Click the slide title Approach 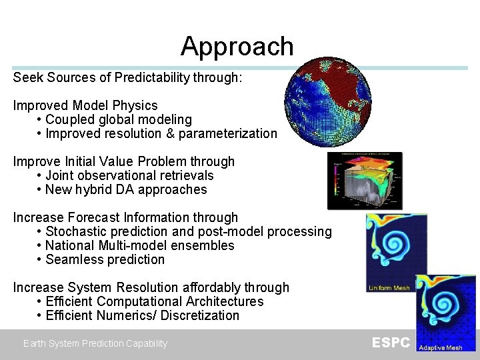[x=237, y=46]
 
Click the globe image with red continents [x=327, y=101]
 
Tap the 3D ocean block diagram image [x=365, y=181]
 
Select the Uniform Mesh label [x=389, y=288]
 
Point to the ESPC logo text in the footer [x=391, y=343]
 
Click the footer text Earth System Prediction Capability [x=95, y=343]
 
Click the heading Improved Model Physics [x=85, y=105]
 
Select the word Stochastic [x=73, y=231]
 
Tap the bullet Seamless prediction [x=105, y=259]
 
